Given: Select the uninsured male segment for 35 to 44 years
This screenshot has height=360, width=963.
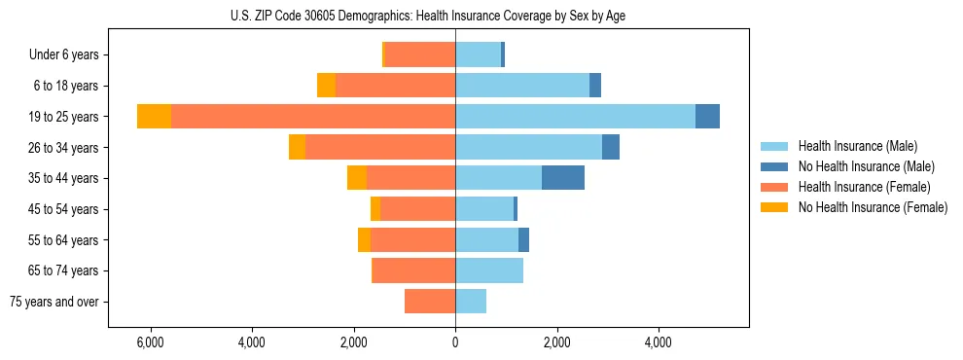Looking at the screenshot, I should tap(563, 178).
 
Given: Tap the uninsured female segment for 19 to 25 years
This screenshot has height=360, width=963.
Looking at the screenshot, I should tap(154, 117).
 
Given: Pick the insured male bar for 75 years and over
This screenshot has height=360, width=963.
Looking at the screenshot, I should tap(471, 302).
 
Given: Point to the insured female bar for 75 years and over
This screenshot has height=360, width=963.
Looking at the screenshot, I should tap(430, 302).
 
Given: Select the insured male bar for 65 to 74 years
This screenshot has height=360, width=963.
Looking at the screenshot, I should tap(489, 270).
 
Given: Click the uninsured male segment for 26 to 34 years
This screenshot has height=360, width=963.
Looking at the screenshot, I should tap(611, 147).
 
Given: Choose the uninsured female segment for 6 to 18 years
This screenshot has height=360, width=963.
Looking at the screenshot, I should tap(326, 86).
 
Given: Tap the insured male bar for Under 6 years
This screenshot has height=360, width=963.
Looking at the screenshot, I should tap(478, 54).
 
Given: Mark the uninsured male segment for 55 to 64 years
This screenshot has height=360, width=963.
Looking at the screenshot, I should tap(523, 239).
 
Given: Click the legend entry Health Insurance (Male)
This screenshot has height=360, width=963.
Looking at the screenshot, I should tap(856, 146).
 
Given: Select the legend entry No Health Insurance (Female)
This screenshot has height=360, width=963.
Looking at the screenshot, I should tap(873, 207).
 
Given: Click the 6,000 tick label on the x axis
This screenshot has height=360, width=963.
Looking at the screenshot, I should tap(150, 343).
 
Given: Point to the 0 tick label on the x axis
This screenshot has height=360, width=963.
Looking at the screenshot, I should tap(455, 343).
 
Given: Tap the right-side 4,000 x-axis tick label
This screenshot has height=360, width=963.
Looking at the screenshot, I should tap(659, 343).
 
